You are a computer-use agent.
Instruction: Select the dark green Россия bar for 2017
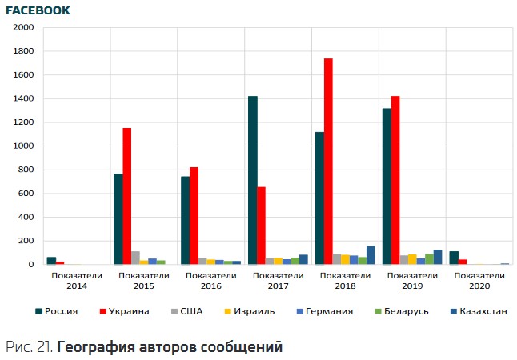tap(253, 180)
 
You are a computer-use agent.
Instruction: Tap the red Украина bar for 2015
tap(126, 196)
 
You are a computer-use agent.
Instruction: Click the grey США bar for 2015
tap(135, 258)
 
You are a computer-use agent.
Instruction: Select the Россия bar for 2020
tap(454, 258)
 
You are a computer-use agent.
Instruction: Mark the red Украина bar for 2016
tap(194, 216)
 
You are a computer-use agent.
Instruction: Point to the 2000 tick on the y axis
tap(24, 27)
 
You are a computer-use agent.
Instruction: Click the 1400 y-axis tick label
tap(24, 98)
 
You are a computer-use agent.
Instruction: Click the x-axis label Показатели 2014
tap(77, 281)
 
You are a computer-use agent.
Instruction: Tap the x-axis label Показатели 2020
tap(479, 281)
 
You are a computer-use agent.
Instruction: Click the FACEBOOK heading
tap(38, 10)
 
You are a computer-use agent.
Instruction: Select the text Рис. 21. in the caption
tap(28, 347)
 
